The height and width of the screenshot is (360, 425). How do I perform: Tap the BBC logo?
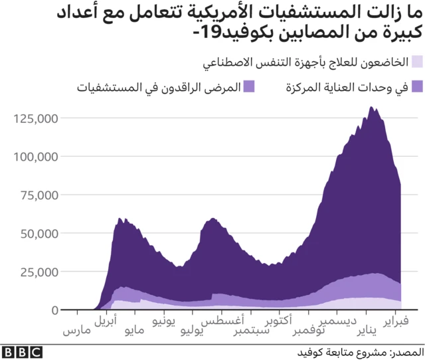[x=23, y=352]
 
